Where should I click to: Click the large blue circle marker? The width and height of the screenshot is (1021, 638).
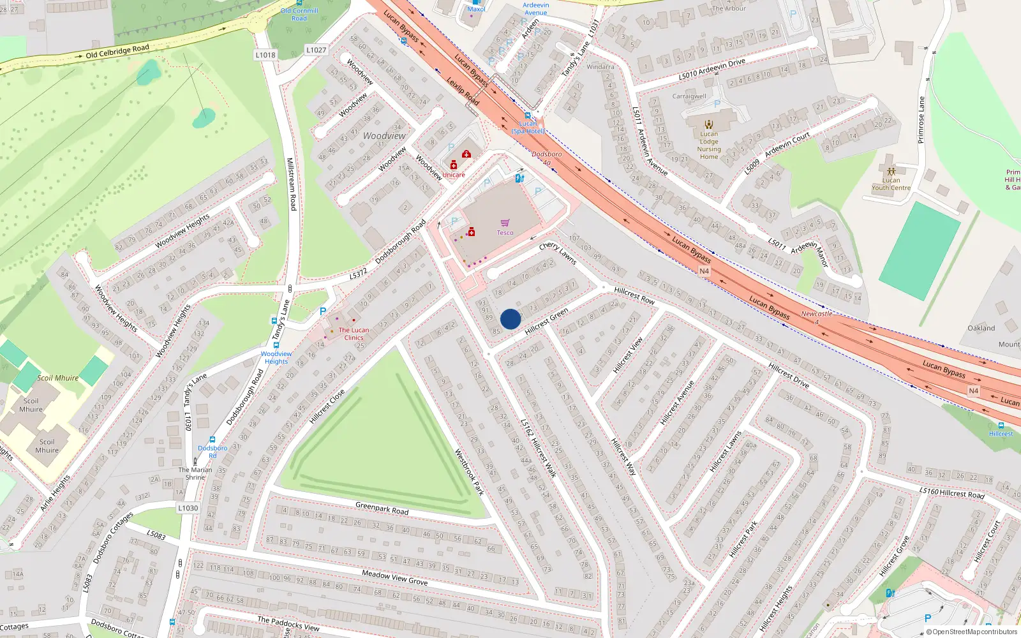[511, 319]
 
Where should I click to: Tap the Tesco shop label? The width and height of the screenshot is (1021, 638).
[505, 232]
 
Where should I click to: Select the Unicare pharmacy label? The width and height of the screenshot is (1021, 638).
[454, 174]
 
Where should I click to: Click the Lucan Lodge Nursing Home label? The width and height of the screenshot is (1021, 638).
[709, 145]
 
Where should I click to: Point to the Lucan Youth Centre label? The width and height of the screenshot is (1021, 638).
[891, 184]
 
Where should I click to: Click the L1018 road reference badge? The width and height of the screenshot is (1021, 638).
[265, 55]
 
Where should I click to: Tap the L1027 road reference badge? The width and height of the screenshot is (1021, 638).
[316, 50]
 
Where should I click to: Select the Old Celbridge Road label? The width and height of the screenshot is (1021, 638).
[117, 51]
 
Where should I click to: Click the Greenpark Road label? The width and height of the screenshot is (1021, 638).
[382, 508]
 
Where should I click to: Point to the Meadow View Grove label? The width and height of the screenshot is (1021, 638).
[394, 577]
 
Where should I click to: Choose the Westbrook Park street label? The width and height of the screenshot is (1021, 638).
[469, 472]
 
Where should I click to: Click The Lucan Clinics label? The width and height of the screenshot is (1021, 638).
[354, 334]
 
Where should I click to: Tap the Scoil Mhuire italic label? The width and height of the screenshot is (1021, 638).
[57, 378]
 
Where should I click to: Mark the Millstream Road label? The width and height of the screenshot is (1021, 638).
[291, 184]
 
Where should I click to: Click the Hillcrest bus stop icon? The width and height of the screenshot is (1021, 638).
[1001, 425]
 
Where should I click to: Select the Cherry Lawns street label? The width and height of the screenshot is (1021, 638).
[557, 253]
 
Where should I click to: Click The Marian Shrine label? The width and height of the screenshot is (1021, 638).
[195, 473]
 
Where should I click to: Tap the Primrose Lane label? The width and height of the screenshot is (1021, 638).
[921, 120]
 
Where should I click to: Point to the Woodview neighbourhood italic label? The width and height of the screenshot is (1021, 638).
[384, 136]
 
